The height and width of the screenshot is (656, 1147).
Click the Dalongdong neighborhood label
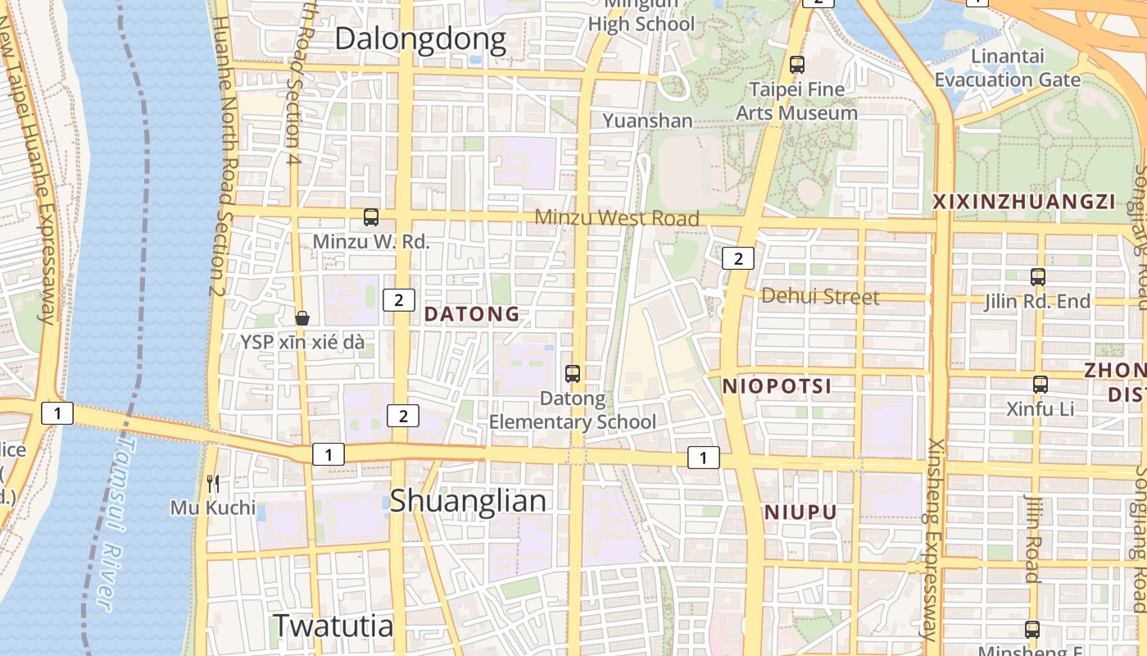tap(420, 39)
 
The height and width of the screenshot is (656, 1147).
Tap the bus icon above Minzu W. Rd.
tap(371, 217)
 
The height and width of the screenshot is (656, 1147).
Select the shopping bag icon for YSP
tap(302, 318)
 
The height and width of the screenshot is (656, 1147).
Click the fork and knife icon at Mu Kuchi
tap(213, 484)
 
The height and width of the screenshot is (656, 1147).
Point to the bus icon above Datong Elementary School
tap(573, 374)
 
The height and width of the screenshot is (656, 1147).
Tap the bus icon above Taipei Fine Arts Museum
tap(796, 65)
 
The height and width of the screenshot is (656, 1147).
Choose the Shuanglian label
tap(467, 501)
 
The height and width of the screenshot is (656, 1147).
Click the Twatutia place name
tap(333, 626)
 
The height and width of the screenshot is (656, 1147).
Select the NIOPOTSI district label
tap(777, 386)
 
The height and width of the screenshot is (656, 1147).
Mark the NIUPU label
tap(800, 513)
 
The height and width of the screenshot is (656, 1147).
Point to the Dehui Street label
tap(820, 297)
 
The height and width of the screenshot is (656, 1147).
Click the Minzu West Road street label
tap(617, 218)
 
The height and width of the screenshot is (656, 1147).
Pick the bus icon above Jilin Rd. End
tap(1038, 277)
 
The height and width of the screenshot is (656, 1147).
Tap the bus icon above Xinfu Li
tap(1040, 384)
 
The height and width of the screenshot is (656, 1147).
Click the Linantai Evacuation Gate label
tap(1008, 68)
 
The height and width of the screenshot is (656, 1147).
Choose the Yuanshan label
tap(647, 121)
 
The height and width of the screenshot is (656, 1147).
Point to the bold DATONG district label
tap(472, 314)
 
